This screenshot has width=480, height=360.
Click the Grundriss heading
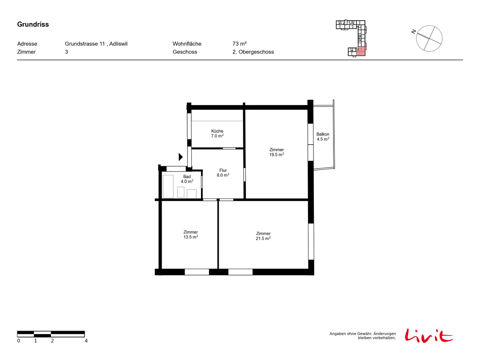(33, 24)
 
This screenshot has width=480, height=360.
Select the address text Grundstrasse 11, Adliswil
(96, 44)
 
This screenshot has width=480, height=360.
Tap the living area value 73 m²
(239, 44)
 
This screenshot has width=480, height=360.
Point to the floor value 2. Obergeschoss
(253, 52)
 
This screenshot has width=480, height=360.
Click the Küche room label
(217, 131)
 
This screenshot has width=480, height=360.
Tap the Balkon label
(322, 134)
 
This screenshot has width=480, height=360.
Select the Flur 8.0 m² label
(223, 172)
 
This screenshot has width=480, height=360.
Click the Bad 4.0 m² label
(187, 179)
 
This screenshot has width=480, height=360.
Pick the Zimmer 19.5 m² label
(276, 152)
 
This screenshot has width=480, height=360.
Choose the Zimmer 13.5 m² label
(190, 234)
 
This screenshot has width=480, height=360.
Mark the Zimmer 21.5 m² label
(263, 236)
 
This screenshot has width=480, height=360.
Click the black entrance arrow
(180, 157)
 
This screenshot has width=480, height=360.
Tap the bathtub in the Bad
(168, 186)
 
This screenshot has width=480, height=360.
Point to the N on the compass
(413, 32)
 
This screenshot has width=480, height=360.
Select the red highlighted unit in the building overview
(361, 51)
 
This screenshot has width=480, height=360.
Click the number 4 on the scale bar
(86, 340)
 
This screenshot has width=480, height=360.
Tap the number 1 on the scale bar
(35, 340)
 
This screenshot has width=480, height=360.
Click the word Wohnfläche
(187, 44)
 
